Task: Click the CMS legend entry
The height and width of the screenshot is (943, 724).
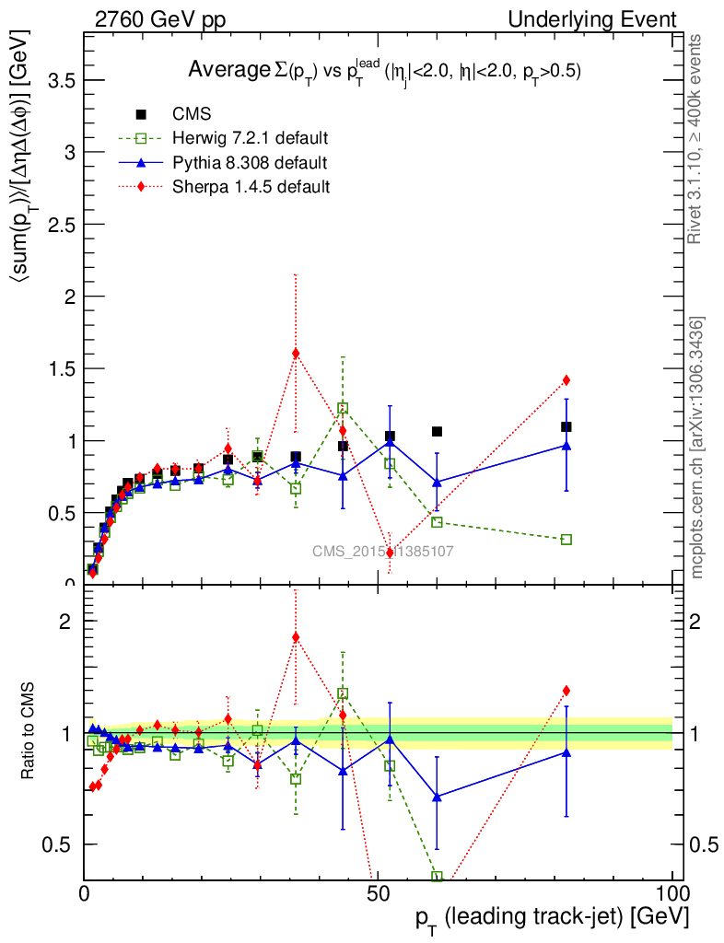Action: pyautogui.click(x=192, y=115)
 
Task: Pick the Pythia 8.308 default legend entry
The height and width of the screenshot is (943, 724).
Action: pyautogui.click(x=250, y=163)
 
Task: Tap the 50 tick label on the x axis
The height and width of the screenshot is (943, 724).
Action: pyautogui.click(x=378, y=892)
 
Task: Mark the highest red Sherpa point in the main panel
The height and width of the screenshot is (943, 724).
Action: pyautogui.click(x=296, y=353)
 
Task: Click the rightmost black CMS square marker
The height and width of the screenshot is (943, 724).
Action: pyautogui.click(x=566, y=426)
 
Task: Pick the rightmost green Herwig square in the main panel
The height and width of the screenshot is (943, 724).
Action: pyautogui.click(x=566, y=539)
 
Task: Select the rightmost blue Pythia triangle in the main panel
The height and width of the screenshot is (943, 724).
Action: pyautogui.click(x=566, y=446)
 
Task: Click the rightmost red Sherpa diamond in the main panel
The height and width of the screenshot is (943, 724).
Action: pyautogui.click(x=566, y=379)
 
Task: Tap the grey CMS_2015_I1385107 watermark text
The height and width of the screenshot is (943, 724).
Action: pyautogui.click(x=382, y=551)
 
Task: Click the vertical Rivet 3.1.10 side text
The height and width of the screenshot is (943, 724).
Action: pyautogui.click(x=696, y=138)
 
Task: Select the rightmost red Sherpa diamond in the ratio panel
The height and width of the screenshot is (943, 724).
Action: pyautogui.click(x=566, y=690)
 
